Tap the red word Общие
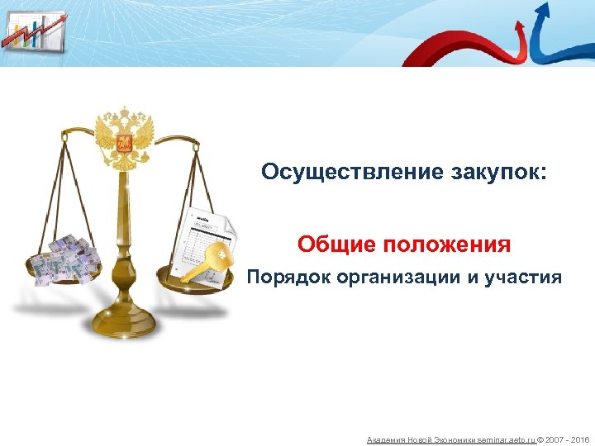332,244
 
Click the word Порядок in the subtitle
288,278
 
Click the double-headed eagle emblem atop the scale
125,135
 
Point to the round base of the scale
125,321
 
